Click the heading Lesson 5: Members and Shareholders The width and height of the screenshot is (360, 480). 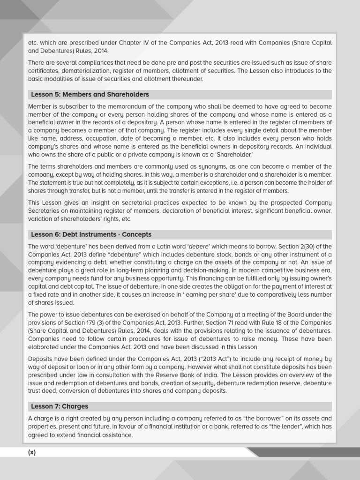click(x=90, y=95)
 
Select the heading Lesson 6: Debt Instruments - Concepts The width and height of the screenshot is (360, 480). click(x=91, y=234)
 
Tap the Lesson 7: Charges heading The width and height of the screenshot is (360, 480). click(x=60, y=406)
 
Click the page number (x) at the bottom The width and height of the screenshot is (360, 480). click(x=32, y=452)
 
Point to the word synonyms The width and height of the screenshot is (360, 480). click(x=170, y=167)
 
